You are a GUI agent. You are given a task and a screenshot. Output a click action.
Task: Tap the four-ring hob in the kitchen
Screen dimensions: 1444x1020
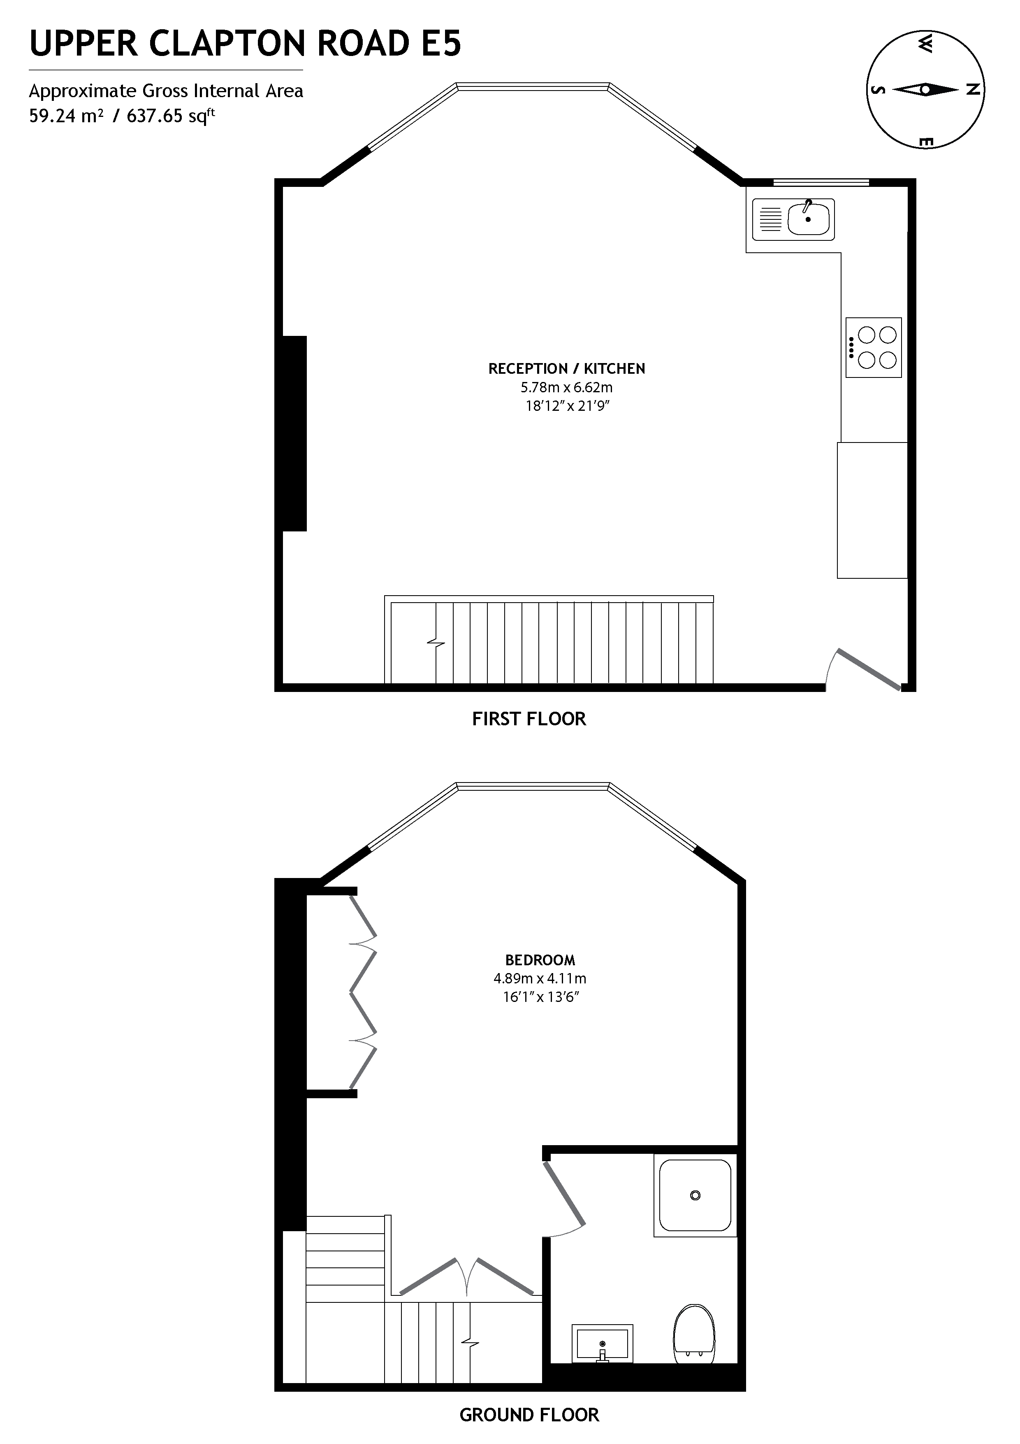pos(874,347)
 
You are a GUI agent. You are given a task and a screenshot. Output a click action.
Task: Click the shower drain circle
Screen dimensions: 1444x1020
pos(695,1195)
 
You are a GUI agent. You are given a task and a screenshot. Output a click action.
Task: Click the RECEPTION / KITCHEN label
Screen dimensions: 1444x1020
pos(566,368)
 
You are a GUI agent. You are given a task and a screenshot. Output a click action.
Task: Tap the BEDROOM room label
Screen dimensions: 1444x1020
pos(540,960)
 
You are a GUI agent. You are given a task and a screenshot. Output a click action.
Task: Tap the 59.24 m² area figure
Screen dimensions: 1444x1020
pos(66,116)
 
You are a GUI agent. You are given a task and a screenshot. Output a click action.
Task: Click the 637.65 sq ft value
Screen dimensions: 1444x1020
pos(170,116)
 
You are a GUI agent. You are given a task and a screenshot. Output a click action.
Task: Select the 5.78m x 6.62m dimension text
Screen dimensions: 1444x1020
pos(566,387)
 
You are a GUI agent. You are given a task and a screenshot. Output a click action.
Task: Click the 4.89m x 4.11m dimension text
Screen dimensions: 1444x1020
pos(540,978)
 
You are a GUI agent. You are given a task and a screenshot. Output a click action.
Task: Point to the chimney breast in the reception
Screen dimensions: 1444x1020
pos(294,433)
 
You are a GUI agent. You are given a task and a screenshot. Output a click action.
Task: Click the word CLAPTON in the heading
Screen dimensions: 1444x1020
pos(229,44)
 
